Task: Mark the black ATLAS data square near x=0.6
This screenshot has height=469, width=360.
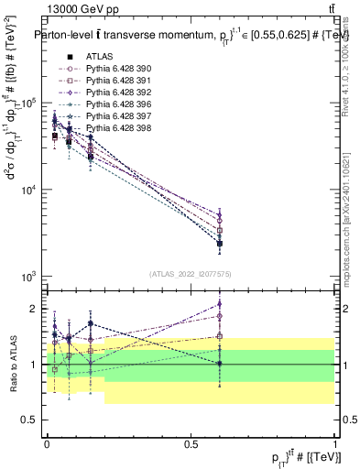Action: point(220,244)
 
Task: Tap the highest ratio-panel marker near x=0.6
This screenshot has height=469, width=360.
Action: point(220,305)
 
